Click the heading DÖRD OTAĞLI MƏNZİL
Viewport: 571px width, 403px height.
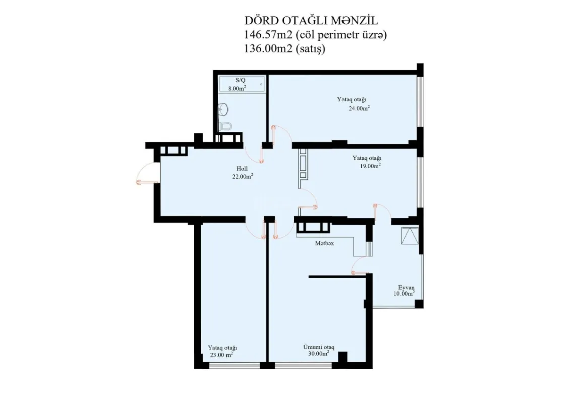pyautogui.click(x=311, y=21)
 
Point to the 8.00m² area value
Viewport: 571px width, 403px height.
pyautogui.click(x=237, y=88)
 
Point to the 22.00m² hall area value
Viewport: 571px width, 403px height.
pyautogui.click(x=242, y=176)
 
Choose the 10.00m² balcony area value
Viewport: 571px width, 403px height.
pyautogui.click(x=405, y=293)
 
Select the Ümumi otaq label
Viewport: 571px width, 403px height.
pyautogui.click(x=319, y=347)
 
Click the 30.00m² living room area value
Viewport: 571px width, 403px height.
pyautogui.click(x=318, y=354)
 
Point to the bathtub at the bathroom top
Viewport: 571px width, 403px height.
pyautogui.click(x=242, y=83)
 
